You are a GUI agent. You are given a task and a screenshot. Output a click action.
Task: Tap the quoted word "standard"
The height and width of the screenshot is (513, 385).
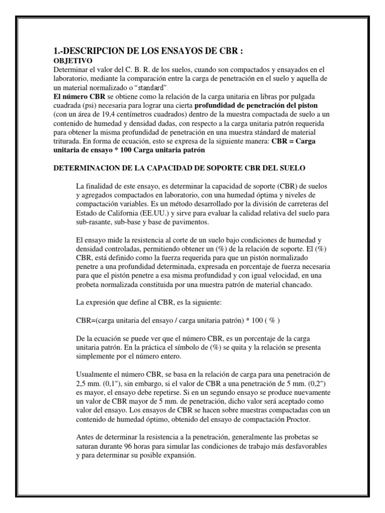(x=153, y=88)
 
